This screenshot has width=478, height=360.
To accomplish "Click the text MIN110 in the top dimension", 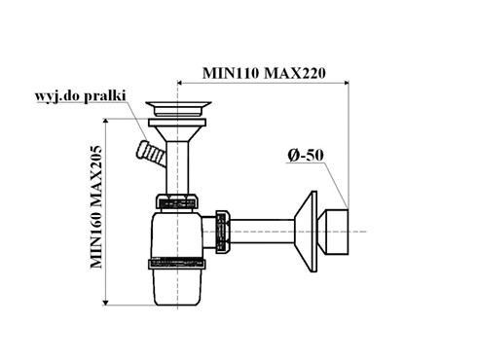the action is [231, 73].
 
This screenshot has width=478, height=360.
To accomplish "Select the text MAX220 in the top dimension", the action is [295, 73].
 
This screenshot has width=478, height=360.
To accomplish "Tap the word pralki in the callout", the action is [105, 96].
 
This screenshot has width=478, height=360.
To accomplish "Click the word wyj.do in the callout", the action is [58, 96].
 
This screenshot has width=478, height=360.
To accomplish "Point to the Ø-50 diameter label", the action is [306, 156].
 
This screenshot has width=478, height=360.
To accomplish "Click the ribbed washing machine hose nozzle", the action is [150, 153].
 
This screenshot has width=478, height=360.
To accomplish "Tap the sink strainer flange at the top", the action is [178, 109].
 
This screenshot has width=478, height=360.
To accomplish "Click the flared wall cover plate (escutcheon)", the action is [307, 232].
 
